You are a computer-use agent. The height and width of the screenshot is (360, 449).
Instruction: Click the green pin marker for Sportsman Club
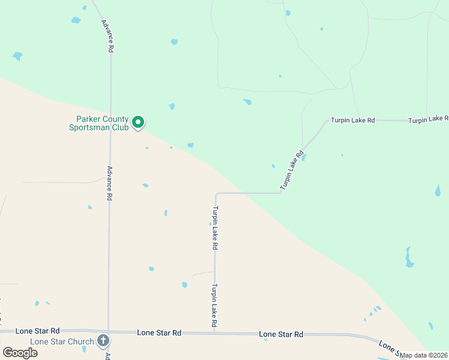pos(138,122)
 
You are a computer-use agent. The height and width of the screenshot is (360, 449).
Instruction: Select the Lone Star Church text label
pos(62,342)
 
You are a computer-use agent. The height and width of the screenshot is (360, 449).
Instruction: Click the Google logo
pos(20,353)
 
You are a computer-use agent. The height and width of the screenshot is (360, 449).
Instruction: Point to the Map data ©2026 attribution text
pos(424,355)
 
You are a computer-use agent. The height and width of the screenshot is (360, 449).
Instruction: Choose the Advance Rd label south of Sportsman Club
pos(110,183)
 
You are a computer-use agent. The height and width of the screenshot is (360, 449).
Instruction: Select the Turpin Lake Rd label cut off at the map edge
pos(428,121)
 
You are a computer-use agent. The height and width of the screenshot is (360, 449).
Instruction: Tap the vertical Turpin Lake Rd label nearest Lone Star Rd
pos(214,306)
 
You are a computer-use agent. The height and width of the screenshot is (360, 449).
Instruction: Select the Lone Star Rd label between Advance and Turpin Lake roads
pos(159,332)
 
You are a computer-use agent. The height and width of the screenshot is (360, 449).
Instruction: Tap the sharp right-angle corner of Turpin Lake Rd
pos(216,194)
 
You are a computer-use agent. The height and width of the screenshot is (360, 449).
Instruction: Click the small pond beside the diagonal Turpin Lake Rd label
pos(304,157)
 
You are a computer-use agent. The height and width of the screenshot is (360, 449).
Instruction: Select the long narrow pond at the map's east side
pos(409,257)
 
